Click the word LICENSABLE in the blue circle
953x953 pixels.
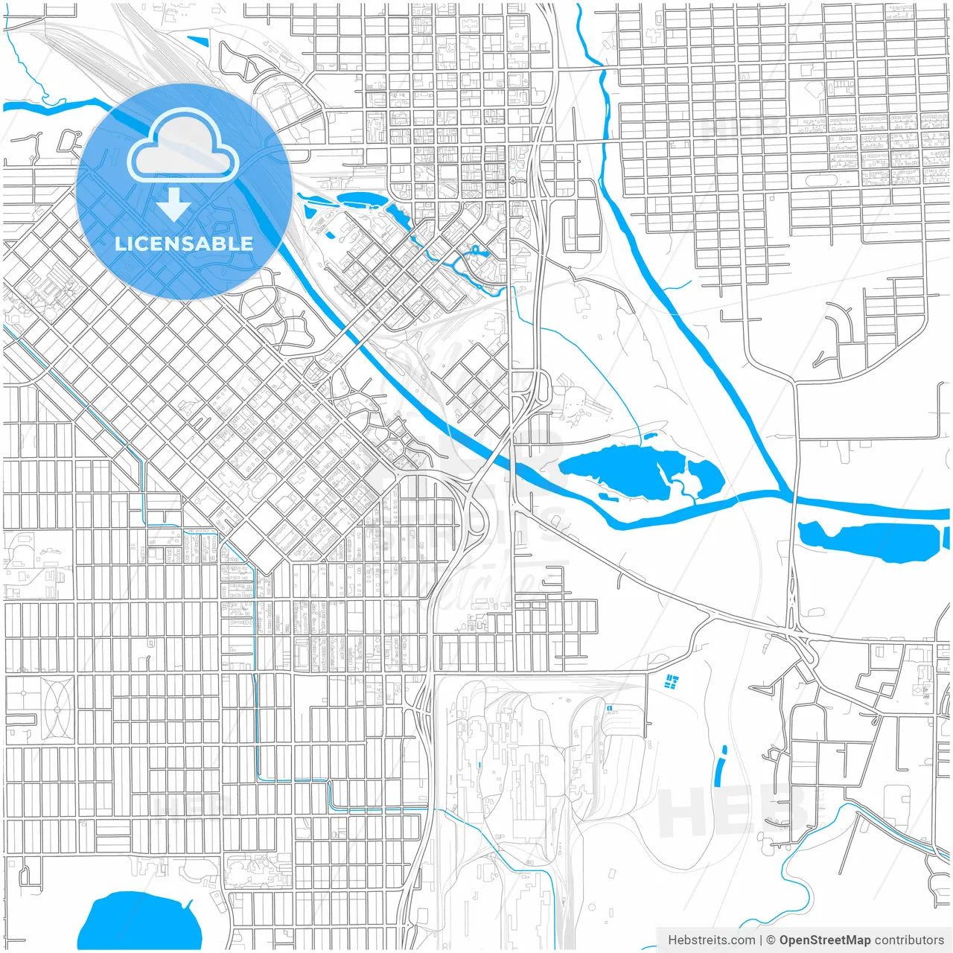tap(184, 243)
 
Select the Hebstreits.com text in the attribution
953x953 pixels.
tap(711, 940)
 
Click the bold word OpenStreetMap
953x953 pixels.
tap(824, 940)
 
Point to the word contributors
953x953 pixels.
tap(909, 940)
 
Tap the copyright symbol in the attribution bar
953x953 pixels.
tap(771, 940)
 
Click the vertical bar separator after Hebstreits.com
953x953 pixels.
tap(761, 940)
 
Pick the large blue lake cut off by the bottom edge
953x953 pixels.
tap(139, 923)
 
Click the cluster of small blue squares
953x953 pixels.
tap(672, 681)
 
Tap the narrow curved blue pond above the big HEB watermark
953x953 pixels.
tap(720, 766)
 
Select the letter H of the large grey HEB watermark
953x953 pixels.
tap(681, 813)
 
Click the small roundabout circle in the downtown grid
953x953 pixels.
tap(513, 180)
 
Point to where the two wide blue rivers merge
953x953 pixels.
tap(786, 494)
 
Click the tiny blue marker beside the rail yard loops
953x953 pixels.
tap(610, 708)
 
